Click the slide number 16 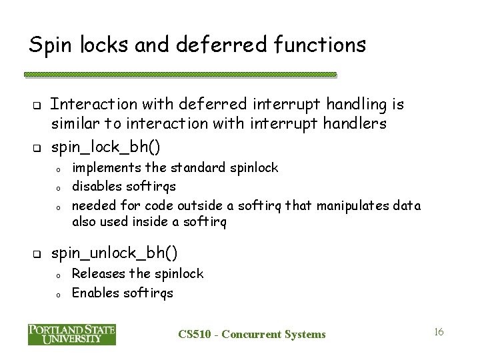[439, 331]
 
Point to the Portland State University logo [72, 334]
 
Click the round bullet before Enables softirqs [59, 294]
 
